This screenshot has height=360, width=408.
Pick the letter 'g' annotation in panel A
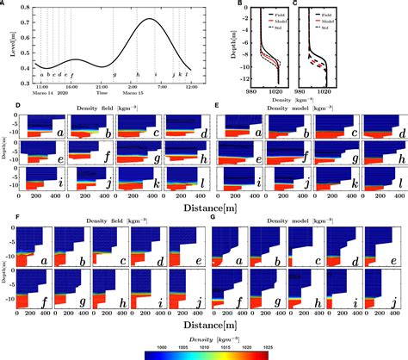coord(114,76)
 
